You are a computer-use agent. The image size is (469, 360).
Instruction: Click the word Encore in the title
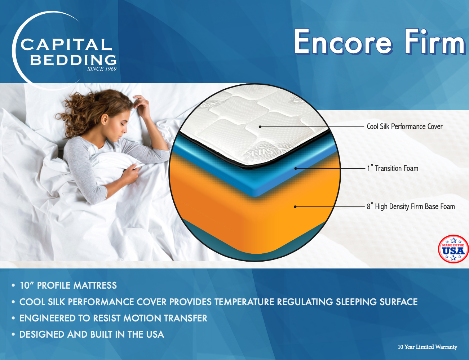pyautogui.click(x=342, y=42)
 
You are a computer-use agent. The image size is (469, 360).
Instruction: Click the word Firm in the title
pyautogui.click(x=434, y=42)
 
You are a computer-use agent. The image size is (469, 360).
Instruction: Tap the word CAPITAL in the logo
pyautogui.click(x=66, y=45)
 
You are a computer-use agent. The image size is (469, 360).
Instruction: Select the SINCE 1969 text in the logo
pyautogui.click(x=102, y=69)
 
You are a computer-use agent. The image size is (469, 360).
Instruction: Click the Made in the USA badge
pyautogui.click(x=453, y=249)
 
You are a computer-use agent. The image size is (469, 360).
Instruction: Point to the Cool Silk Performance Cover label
pyautogui.click(x=404, y=126)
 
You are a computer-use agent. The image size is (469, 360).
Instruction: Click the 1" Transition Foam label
pyautogui.click(x=393, y=168)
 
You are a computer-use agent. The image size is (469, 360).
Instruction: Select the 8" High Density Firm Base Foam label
pyautogui.click(x=411, y=206)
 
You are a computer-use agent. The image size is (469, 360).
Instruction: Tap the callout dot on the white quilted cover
pyautogui.click(x=260, y=126)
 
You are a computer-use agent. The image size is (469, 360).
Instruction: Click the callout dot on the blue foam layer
pyautogui.click(x=295, y=168)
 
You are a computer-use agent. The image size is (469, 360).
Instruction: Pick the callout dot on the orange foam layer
pyautogui.click(x=295, y=206)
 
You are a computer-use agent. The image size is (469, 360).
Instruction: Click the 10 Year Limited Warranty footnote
pyautogui.click(x=427, y=347)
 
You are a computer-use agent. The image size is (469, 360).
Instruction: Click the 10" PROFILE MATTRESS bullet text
pyautogui.click(x=68, y=285)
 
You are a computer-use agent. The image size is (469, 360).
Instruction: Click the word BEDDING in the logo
pyautogui.click(x=73, y=59)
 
